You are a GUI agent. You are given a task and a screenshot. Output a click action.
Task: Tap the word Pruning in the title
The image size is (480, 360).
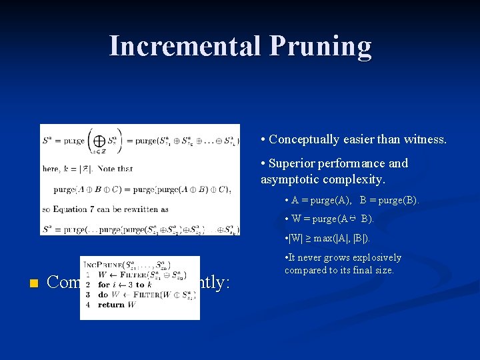[320, 46]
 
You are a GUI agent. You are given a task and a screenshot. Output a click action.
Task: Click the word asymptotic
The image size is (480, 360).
[289, 180]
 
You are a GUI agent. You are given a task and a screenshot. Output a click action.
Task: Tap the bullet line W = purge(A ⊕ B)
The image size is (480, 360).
[333, 219]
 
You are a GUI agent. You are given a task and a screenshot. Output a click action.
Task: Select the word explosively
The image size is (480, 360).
[373, 257]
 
